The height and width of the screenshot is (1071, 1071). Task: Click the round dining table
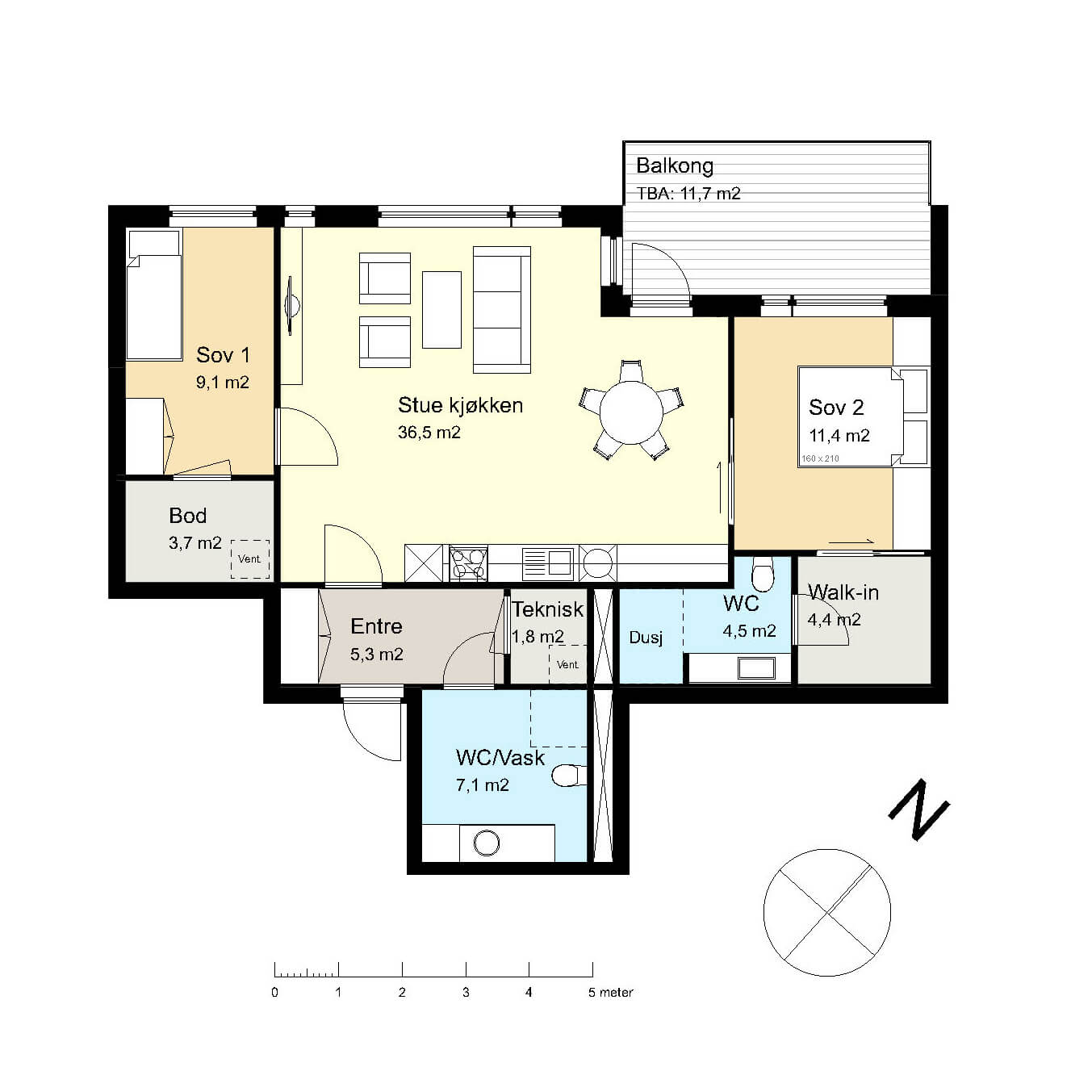tap(631, 412)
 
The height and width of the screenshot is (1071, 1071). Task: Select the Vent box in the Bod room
tap(250, 559)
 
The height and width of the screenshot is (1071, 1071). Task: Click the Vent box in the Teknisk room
tap(568, 664)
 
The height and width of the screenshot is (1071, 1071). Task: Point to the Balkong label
tap(674, 165)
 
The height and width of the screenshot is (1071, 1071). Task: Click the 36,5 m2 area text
tap(429, 433)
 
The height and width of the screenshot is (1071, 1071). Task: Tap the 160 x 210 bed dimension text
tap(820, 458)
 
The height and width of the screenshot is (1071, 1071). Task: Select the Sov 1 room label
tap(223, 355)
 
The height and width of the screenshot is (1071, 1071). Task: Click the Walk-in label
tap(843, 592)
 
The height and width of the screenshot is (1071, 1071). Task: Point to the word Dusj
tap(646, 638)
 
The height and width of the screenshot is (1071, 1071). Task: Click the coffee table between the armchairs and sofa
tap(441, 310)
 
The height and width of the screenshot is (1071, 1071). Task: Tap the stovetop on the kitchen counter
tap(468, 563)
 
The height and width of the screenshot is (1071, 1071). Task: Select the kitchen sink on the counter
tap(548, 563)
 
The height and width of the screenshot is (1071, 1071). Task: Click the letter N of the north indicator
tap(918, 810)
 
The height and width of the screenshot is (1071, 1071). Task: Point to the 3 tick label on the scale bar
tap(466, 992)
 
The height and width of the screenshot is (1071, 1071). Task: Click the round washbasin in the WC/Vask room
tap(487, 843)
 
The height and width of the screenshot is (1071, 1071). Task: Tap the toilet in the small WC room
tap(762, 574)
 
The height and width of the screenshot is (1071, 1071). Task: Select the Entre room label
tap(376, 626)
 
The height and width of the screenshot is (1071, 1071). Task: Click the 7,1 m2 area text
tap(483, 785)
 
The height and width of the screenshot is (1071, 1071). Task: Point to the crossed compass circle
tap(827, 913)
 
